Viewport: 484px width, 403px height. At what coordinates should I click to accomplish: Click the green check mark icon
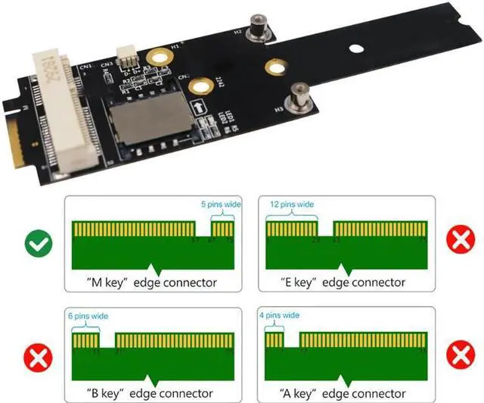tap(37, 243)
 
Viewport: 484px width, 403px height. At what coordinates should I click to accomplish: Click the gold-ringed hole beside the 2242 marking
tap(200, 87)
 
